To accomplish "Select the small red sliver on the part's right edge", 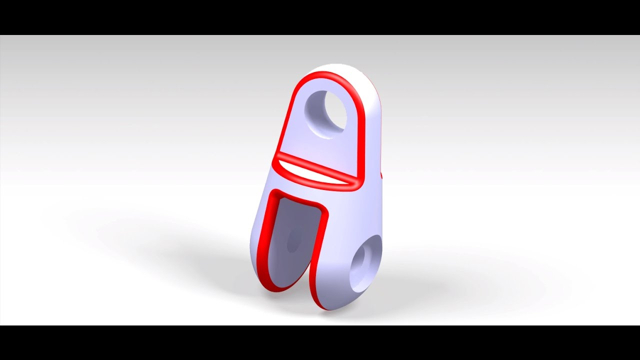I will click(x=381, y=175).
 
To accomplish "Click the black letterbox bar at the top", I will click(x=320, y=17).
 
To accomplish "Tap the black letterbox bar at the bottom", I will click(x=320, y=342).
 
